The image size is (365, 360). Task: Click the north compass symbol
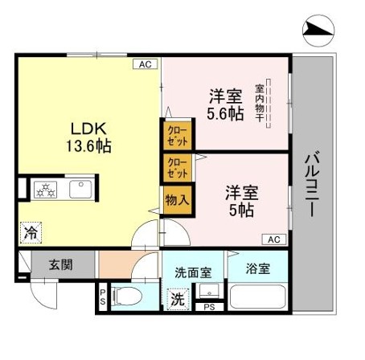318,31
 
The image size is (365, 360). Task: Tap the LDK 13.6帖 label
88,137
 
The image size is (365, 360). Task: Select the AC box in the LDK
146,64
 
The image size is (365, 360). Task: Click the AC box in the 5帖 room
274,239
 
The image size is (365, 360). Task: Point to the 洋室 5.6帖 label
226,104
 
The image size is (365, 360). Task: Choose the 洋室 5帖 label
241,201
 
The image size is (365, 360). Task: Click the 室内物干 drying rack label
260,103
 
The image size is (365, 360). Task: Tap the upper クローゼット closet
178,135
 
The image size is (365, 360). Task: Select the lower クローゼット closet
178,168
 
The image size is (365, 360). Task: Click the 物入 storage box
178,200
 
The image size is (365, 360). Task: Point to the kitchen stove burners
46,190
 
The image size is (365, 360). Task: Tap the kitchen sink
80,189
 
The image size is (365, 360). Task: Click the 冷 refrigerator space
31,233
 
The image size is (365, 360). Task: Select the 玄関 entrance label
61,265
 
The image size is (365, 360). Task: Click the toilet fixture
127,296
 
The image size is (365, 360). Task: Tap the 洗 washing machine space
178,299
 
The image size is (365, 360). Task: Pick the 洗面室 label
193,272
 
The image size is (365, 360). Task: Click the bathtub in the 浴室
258,297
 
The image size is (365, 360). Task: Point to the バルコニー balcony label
312,184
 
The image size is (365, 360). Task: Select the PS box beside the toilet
103,297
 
